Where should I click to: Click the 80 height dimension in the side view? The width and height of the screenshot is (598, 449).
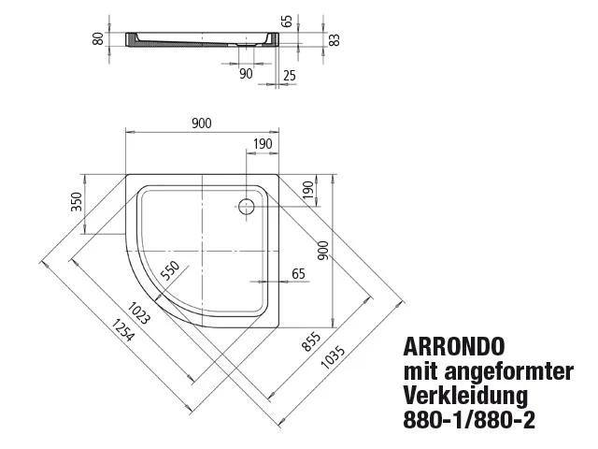point(98,38)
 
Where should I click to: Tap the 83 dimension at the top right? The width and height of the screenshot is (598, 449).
point(335,40)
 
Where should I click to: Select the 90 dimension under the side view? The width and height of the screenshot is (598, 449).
point(246,74)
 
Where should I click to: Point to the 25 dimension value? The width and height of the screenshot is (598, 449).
point(290,76)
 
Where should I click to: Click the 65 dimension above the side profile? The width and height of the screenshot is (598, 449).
point(289,21)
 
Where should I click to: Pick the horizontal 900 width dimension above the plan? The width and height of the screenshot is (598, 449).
point(202,123)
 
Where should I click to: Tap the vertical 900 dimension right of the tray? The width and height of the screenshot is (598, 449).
point(323,251)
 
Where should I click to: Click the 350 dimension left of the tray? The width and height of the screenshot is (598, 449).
point(77,202)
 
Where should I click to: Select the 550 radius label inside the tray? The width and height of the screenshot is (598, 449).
point(170,270)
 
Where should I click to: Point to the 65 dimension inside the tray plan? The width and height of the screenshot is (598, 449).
point(298,274)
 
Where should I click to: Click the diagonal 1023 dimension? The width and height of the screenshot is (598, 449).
point(138,313)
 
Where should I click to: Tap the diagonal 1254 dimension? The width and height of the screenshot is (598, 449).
point(122,330)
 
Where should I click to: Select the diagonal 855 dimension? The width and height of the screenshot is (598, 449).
point(311,340)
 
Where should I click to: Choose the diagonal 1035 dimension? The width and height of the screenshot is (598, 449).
point(333,357)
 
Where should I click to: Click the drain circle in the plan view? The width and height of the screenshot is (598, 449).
point(247,206)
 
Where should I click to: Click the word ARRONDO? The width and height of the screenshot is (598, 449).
point(454,347)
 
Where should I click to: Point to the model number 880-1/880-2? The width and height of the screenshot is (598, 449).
point(469,420)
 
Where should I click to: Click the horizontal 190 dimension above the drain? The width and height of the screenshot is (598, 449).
point(263,144)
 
